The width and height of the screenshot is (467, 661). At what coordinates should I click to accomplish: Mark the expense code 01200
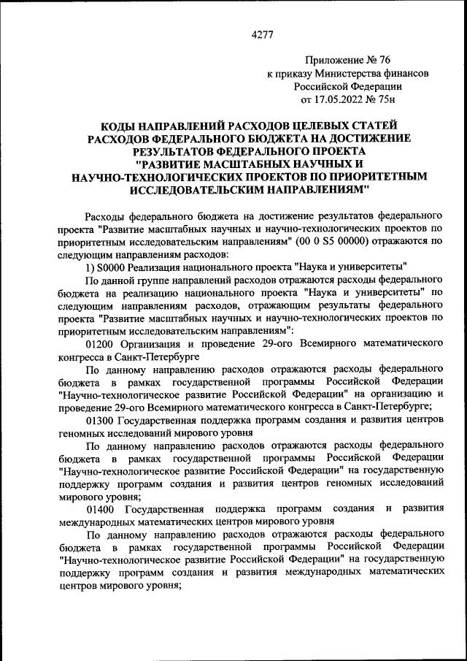(101, 345)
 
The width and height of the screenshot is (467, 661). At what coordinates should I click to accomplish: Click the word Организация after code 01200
(154, 345)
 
